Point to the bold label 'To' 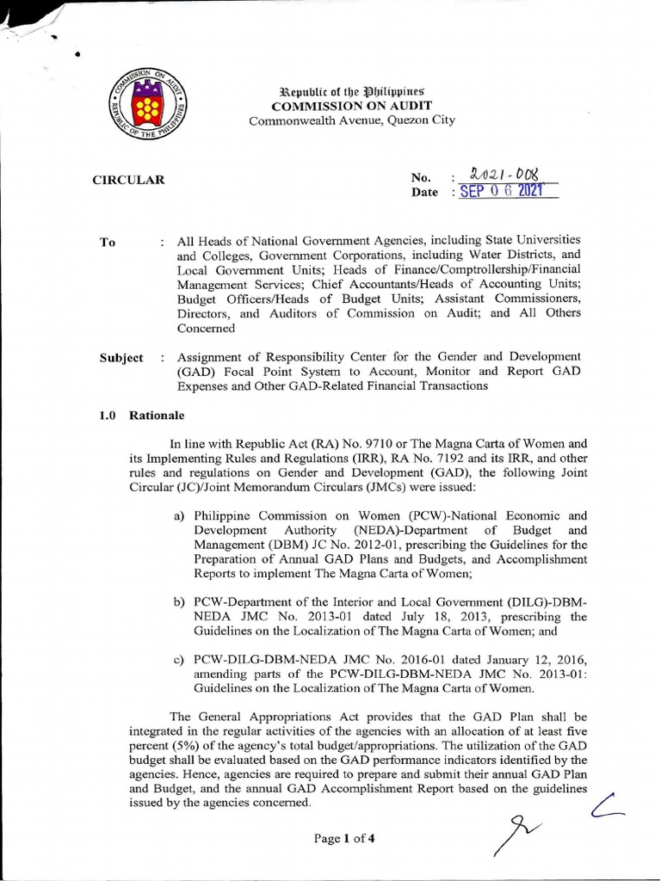pyautogui.click(x=108, y=243)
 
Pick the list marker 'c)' pyautogui.click(x=180, y=659)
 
